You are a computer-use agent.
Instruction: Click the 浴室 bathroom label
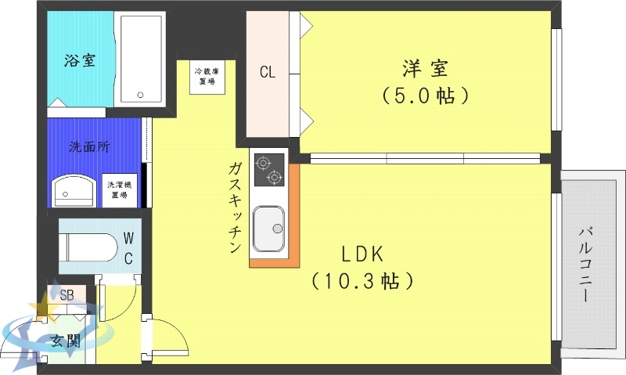tap(80, 60)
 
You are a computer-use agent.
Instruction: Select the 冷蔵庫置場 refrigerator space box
tap(207, 76)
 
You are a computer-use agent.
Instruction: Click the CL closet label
tap(268, 72)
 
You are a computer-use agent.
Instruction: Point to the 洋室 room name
tap(426, 68)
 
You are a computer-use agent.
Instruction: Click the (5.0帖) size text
tap(426, 96)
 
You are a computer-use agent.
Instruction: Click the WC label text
tap(128, 247)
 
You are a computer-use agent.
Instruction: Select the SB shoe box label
tap(67, 294)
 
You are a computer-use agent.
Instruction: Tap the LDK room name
tap(362, 254)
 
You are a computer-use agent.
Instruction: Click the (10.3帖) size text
tap(362, 279)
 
